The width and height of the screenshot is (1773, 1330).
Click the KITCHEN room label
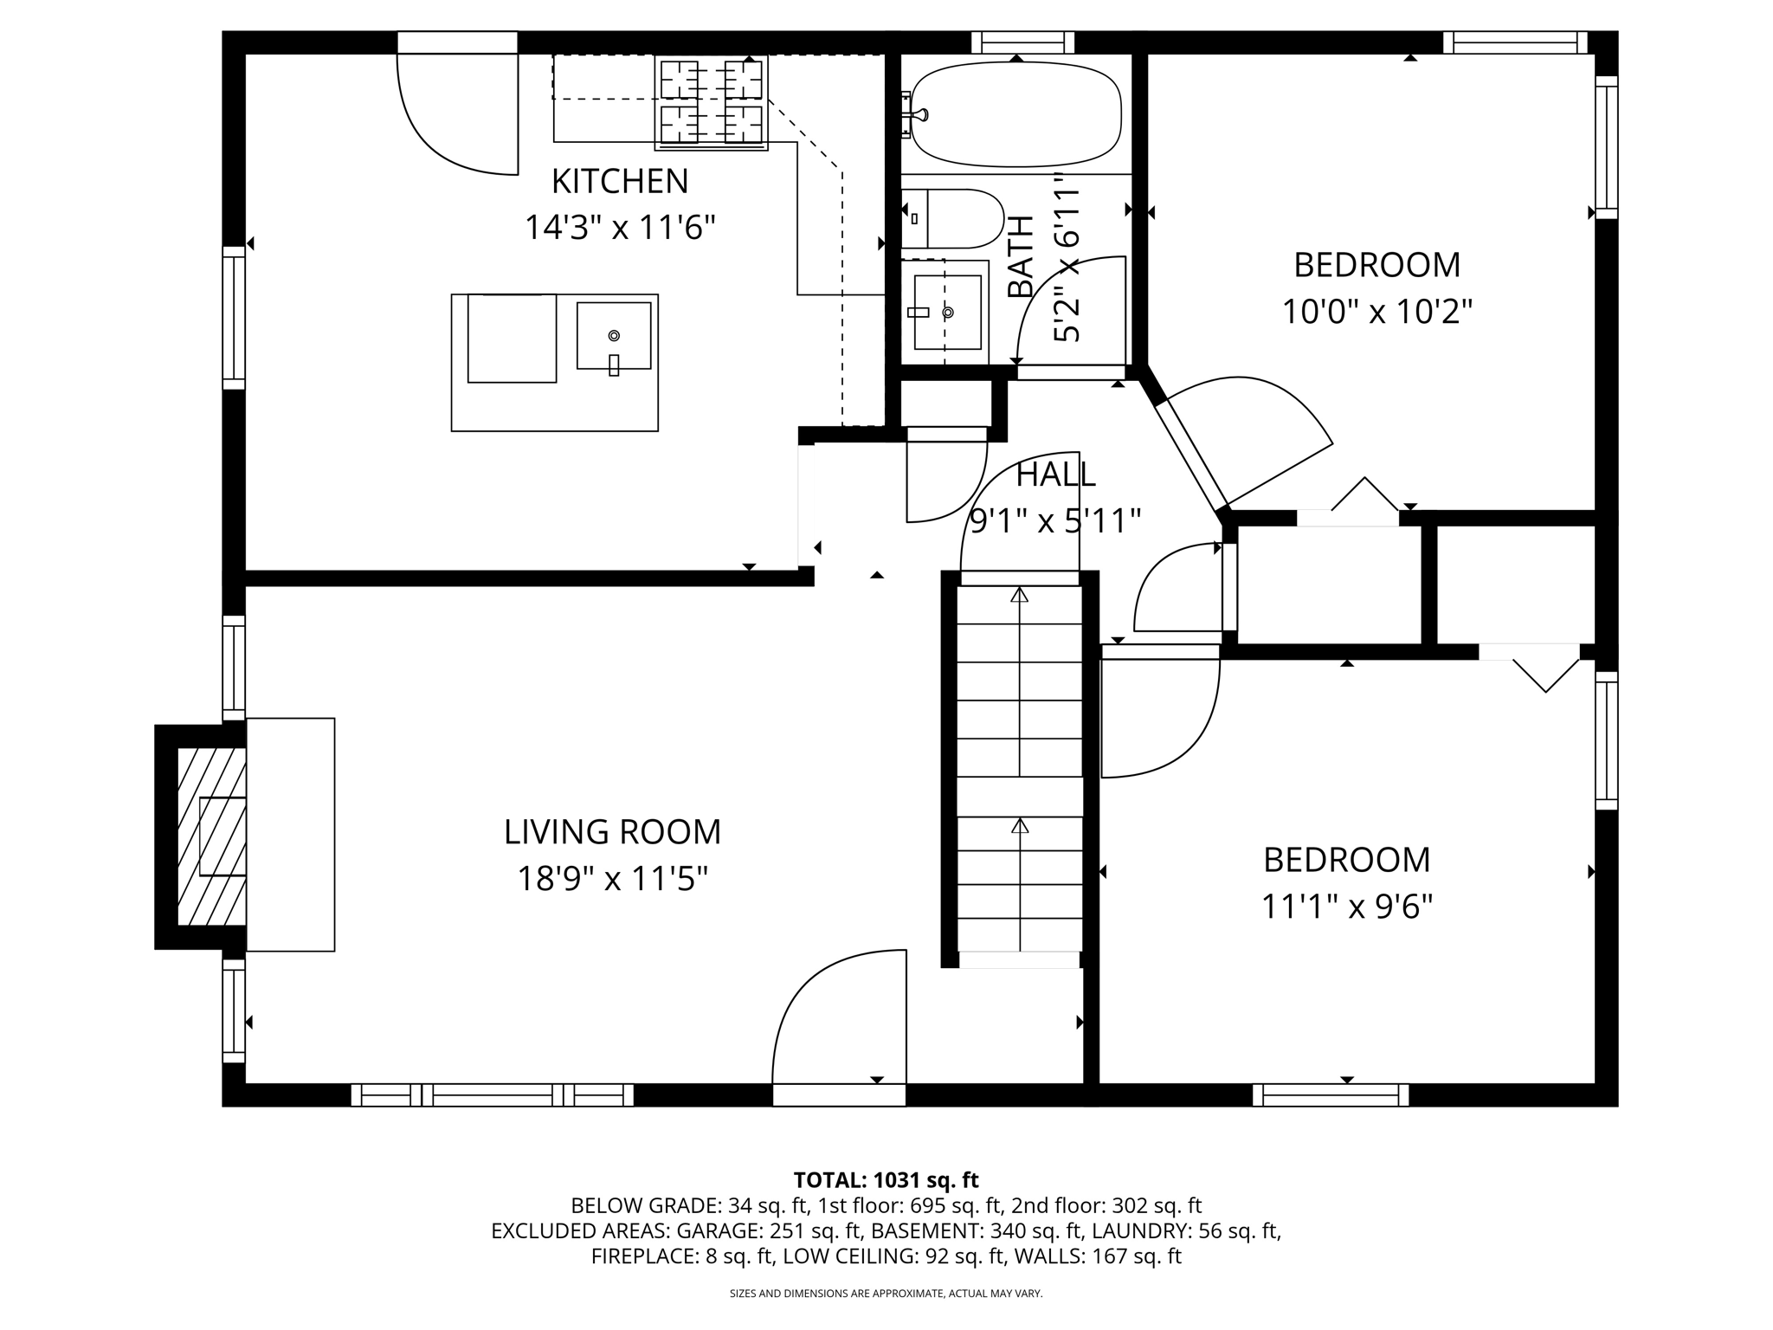[620, 182]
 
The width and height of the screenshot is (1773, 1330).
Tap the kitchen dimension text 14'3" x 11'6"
[620, 228]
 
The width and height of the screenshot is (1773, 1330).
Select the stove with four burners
[711, 102]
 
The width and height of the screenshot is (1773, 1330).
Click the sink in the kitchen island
[614, 336]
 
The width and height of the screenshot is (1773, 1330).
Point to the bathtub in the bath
[1015, 115]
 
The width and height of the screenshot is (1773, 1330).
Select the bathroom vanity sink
[946, 312]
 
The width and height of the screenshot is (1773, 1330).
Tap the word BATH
[1022, 257]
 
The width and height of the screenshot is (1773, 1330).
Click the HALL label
[1055, 475]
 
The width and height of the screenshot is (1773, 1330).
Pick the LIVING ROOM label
[612, 832]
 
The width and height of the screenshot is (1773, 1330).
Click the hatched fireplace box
[211, 836]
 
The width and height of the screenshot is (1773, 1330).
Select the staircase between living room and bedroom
[1020, 771]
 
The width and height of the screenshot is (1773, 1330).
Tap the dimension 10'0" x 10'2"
[1376, 311]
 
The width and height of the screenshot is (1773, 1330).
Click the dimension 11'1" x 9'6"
[1346, 907]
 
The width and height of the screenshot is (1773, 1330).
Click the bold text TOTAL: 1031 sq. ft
[886, 1180]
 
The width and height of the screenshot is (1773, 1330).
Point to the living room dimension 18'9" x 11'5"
[612, 879]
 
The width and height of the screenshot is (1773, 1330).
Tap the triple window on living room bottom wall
[492, 1095]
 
